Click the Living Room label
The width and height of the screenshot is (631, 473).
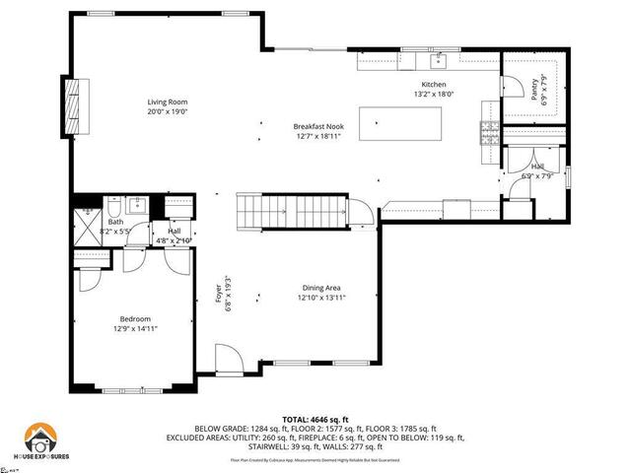pyautogui.click(x=168, y=101)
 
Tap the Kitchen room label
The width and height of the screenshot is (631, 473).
pyautogui.click(x=435, y=86)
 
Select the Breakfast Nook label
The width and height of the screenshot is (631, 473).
pyautogui.click(x=317, y=126)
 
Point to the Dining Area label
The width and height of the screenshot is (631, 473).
pyautogui.click(x=321, y=288)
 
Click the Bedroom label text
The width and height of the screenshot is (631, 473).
pyautogui.click(x=135, y=318)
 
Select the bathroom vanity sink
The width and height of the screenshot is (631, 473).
pyautogui.click(x=137, y=206)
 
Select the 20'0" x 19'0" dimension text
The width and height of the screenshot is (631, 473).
pyautogui.click(x=168, y=111)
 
